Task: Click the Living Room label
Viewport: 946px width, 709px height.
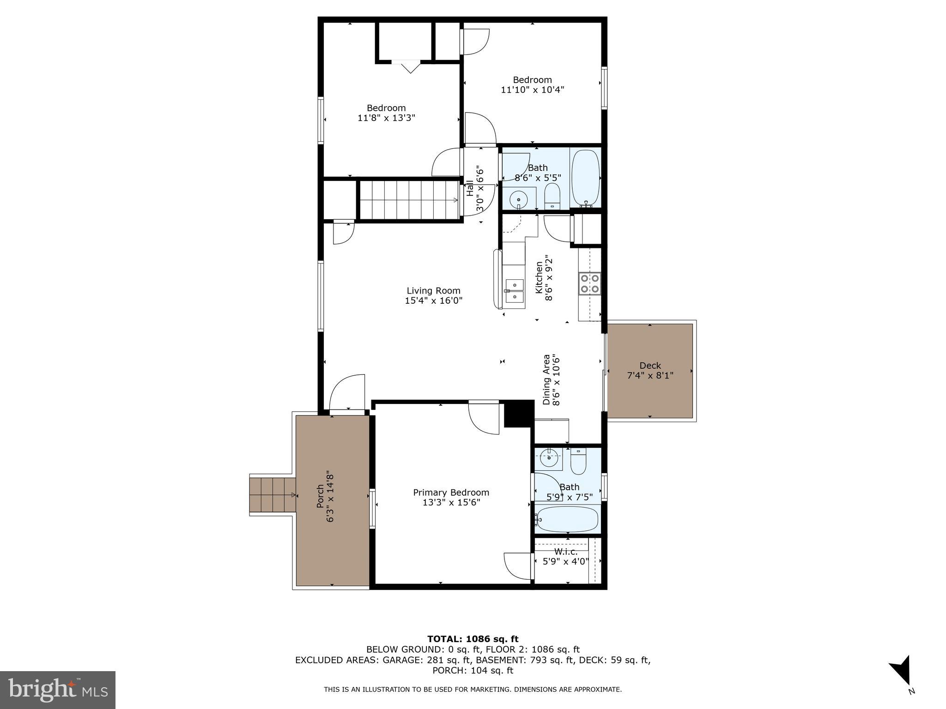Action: [433, 291]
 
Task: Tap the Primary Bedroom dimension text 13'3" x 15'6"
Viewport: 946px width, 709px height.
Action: [451, 502]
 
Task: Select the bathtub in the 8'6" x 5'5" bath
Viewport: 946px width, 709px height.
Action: [585, 178]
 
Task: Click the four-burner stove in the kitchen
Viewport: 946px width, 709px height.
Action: [590, 283]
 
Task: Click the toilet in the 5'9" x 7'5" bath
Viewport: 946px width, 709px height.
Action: [578, 461]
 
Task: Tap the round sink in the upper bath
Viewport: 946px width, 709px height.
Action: [518, 200]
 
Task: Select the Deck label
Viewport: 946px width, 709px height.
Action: [650, 366]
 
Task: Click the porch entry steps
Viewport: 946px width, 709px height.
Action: [273, 495]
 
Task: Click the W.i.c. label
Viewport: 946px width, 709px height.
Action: [566, 552]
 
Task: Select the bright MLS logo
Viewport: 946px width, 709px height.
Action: [58, 690]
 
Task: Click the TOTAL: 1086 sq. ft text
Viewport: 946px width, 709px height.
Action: [473, 639]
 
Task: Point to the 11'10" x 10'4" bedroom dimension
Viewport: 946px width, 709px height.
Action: [532, 90]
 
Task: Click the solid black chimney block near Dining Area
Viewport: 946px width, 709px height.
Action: [518, 413]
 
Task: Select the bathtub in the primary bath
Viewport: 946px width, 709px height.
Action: [568, 520]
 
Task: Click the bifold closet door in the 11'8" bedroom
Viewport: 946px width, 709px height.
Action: [406, 66]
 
